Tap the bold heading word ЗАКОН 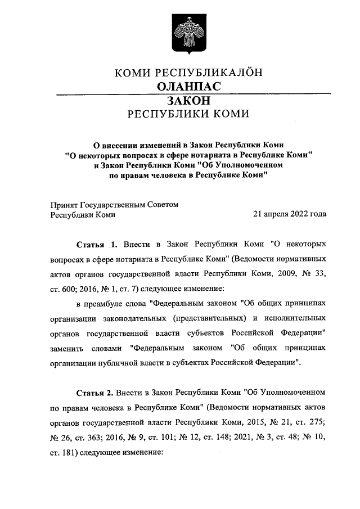coord(188,101)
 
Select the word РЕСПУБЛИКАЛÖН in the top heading coord(215,72)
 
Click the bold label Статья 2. coord(96,389)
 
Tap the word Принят coord(65,205)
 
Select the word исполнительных coord(298,318)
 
